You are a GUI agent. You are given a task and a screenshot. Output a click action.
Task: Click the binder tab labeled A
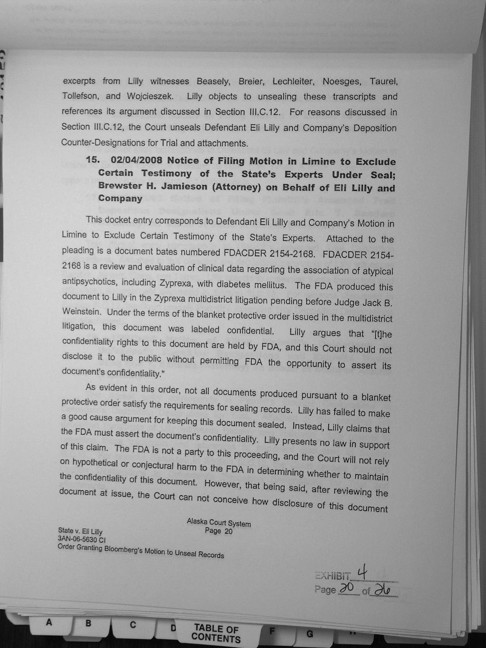point(49,622)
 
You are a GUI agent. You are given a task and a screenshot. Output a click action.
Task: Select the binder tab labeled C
point(133,625)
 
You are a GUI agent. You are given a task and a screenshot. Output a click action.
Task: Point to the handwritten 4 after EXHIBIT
point(361,573)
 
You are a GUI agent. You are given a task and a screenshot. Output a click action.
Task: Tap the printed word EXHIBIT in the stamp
point(333,576)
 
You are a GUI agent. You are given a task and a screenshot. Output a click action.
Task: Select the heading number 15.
point(93,160)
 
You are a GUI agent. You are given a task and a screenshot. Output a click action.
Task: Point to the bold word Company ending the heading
point(120,198)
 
